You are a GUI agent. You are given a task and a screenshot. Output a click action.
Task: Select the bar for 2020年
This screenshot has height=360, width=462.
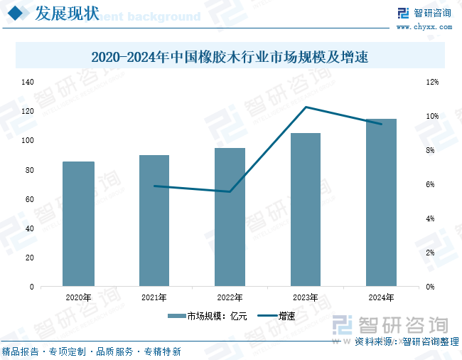[x=78, y=224]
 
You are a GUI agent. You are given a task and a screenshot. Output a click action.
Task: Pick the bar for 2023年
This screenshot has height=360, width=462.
[x=306, y=210]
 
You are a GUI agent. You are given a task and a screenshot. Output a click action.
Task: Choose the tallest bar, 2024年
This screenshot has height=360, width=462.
[x=381, y=203]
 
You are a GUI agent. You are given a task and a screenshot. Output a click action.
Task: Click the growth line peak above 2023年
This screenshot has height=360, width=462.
[x=306, y=107]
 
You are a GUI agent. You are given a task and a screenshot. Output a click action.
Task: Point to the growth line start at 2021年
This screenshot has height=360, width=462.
[x=154, y=186]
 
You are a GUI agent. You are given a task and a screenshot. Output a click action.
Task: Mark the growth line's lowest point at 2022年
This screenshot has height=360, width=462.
[x=230, y=191]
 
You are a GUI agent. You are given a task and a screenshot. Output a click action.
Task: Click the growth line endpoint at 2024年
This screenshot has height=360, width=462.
[x=381, y=124]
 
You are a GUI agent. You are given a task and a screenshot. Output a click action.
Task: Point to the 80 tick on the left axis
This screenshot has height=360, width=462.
[x=30, y=170]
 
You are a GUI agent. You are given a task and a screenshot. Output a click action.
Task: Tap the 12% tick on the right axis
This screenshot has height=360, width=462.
[x=432, y=82]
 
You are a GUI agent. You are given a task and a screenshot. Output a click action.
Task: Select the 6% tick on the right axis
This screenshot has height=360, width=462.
[x=430, y=184]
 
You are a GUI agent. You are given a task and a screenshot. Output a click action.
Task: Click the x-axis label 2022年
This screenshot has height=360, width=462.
[x=230, y=297]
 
